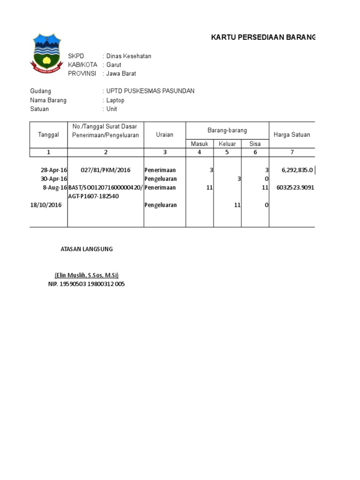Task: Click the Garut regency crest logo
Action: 46,53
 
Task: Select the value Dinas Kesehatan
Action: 129,56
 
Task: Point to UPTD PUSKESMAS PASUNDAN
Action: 150,91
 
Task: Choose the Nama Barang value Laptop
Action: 115,100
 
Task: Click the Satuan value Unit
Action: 112,109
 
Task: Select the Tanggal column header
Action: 48,135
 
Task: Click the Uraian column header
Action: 165,135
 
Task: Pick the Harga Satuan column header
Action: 292,135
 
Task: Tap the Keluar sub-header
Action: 227,144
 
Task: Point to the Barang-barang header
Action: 227,130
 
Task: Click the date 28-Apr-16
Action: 54,170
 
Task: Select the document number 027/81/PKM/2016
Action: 105,170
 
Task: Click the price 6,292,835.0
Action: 297,170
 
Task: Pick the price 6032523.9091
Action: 295,187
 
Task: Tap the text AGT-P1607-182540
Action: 94,196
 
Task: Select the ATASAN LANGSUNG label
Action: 87,249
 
